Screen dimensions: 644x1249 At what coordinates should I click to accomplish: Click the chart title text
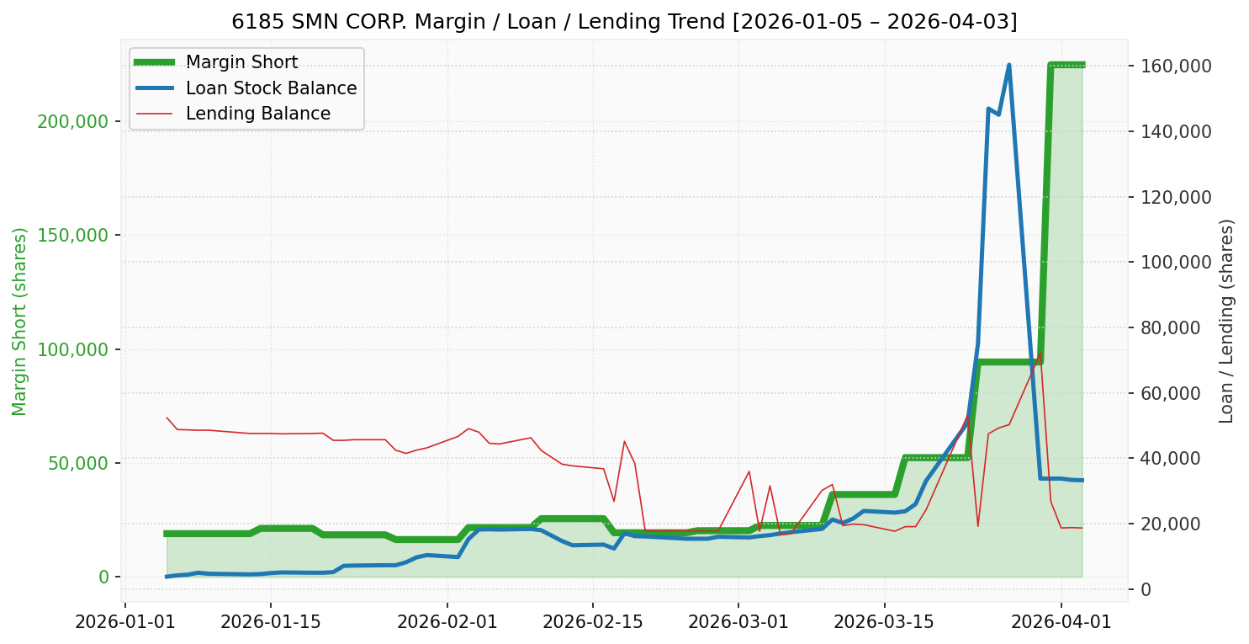pos(624,22)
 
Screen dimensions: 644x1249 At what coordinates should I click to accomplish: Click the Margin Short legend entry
pos(241,62)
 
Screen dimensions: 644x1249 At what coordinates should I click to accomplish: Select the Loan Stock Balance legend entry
pos(271,88)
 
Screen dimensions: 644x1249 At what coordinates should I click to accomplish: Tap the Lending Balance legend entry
pos(257,114)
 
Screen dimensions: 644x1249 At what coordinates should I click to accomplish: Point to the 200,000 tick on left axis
pos(73,121)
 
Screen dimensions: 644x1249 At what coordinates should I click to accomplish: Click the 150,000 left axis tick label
pos(73,235)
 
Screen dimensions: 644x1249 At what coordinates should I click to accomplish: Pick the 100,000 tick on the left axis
pos(73,349)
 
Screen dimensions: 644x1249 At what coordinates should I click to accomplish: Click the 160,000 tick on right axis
pos(1175,66)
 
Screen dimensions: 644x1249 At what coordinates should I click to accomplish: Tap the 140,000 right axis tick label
pos(1175,131)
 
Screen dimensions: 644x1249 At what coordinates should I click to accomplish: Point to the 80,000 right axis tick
pos(1178,327)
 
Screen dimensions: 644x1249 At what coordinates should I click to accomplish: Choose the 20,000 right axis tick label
pos(1178,524)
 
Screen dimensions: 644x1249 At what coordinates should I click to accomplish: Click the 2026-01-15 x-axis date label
pos(271,622)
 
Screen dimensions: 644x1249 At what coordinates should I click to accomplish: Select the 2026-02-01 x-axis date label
pos(447,622)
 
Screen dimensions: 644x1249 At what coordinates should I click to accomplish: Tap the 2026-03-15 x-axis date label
pos(885,622)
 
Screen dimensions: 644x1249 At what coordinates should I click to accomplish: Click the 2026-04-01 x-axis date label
pos(1061,622)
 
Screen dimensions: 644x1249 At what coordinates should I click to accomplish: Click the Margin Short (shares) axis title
pos(20,321)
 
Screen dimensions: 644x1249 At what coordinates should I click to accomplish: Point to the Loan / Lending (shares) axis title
pos(1227,321)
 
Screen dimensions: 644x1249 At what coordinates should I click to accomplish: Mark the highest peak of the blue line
pos(1008,65)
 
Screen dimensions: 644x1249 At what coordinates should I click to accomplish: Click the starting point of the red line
pos(167,418)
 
